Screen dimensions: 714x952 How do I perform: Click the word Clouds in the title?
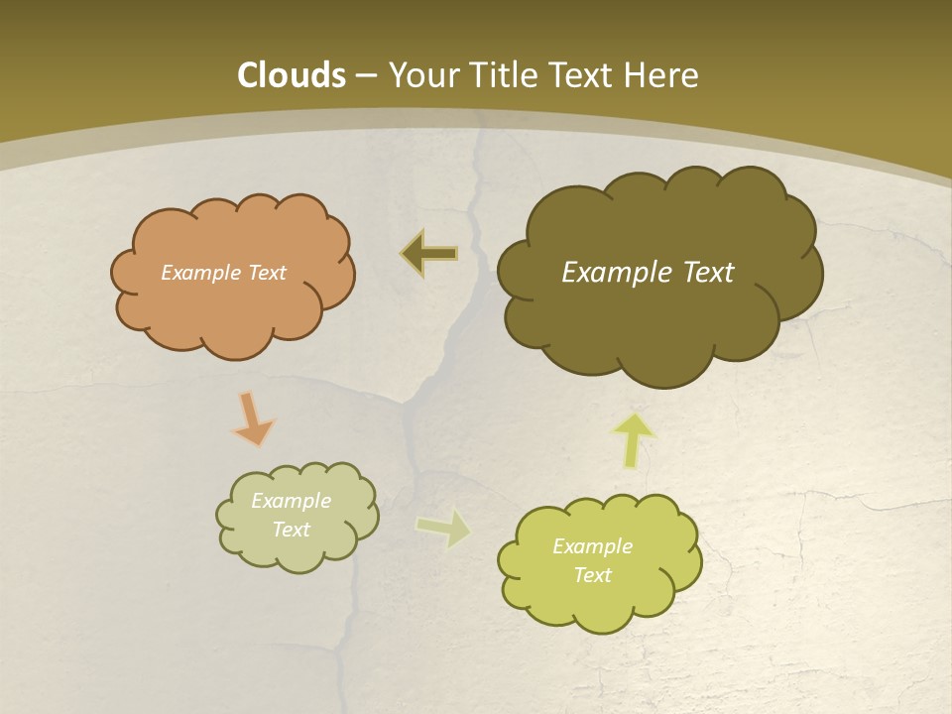292,75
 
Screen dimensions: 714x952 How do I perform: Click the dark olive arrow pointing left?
429,254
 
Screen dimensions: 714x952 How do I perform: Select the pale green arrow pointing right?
443,528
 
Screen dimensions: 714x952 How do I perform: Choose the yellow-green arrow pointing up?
634,439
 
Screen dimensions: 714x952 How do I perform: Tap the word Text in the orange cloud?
267,273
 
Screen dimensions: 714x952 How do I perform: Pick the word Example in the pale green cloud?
291,501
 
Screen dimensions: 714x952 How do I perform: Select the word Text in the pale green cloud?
291,530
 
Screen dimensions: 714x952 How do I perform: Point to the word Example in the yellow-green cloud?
592,546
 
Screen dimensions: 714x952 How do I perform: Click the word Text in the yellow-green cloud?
592,575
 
